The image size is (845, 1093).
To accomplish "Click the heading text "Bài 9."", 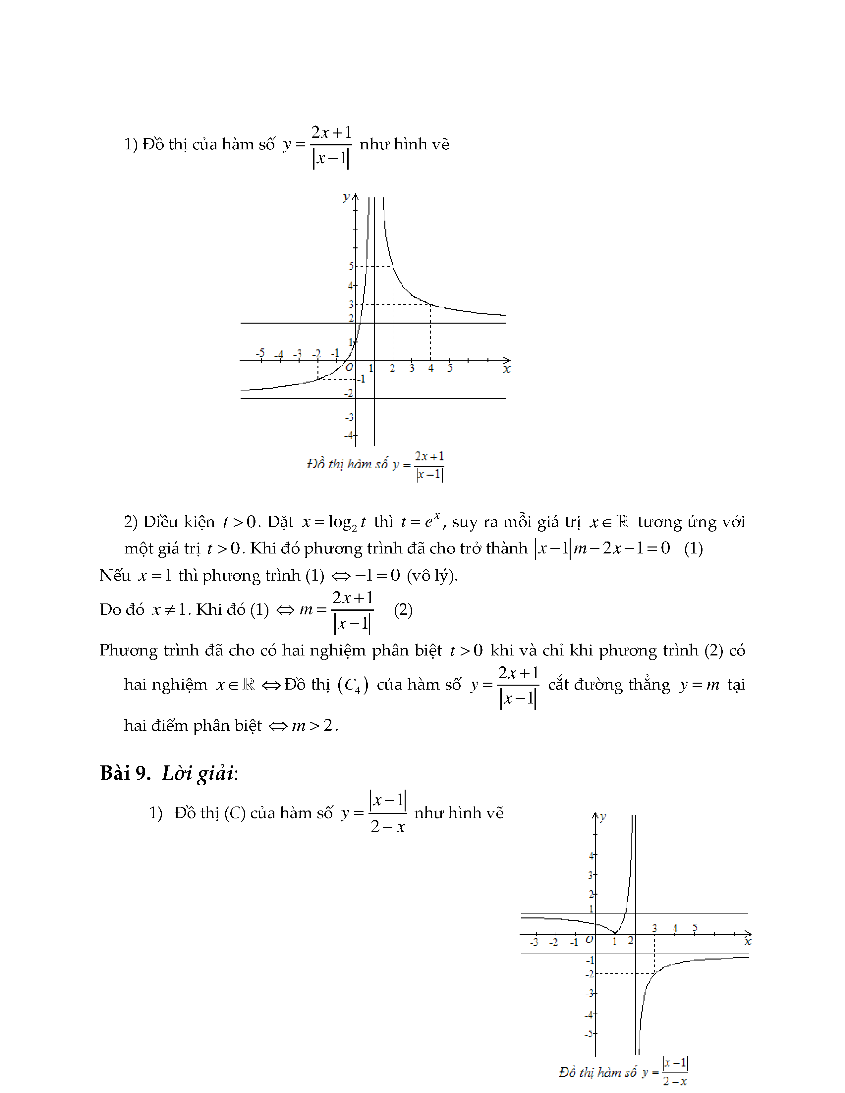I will [125, 773].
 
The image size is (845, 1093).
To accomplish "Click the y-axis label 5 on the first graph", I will [351, 266].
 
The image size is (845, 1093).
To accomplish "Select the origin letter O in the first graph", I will [349, 367].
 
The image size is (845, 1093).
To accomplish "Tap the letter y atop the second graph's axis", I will [603, 817].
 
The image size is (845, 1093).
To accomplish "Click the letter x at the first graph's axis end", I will [507, 369].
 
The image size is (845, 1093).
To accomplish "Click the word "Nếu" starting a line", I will [115, 576].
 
